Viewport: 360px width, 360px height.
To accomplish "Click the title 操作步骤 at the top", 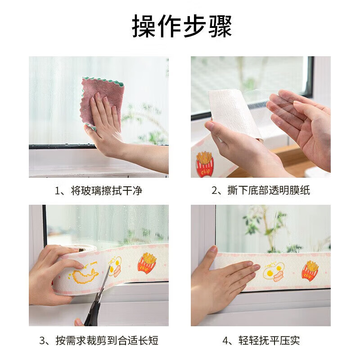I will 182,26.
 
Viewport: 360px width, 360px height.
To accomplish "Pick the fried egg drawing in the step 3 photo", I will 115,265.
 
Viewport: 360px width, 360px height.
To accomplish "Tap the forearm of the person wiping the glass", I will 144,157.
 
